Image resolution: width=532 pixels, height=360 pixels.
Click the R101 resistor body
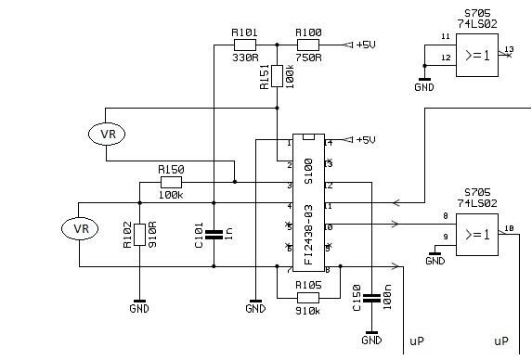tap(245, 44)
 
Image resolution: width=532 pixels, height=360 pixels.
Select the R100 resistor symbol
tap(308, 44)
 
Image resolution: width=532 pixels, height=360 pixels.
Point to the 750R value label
tap(308, 57)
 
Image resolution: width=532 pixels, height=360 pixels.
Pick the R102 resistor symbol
tap(139, 237)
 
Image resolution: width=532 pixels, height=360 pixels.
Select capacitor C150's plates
tap(372, 299)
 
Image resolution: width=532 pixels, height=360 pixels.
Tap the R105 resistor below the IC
tap(307, 297)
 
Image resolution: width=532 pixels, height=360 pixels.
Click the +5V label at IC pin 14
tap(364, 140)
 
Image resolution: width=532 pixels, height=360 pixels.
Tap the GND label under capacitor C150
tap(372, 340)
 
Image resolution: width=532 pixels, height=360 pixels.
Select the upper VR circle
tap(107, 134)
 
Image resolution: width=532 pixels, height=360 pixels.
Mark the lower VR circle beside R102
tap(79, 227)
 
